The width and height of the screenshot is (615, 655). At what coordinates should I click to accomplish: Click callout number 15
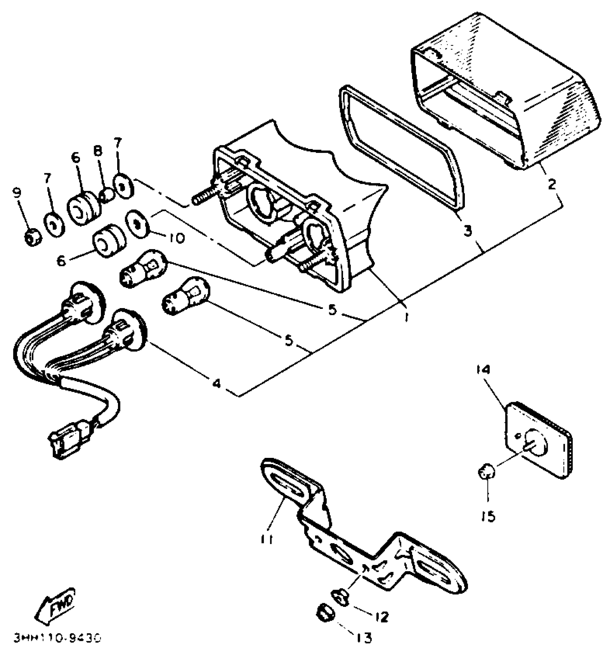pyautogui.click(x=489, y=517)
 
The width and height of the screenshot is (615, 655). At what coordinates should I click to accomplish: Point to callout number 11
pyautogui.click(x=267, y=539)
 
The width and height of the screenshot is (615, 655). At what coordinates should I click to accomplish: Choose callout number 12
pyautogui.click(x=381, y=617)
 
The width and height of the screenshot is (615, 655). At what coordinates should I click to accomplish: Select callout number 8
pyautogui.click(x=98, y=151)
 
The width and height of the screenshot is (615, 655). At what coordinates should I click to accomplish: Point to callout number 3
pyautogui.click(x=468, y=230)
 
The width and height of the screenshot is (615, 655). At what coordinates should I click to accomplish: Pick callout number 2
pyautogui.click(x=551, y=184)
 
